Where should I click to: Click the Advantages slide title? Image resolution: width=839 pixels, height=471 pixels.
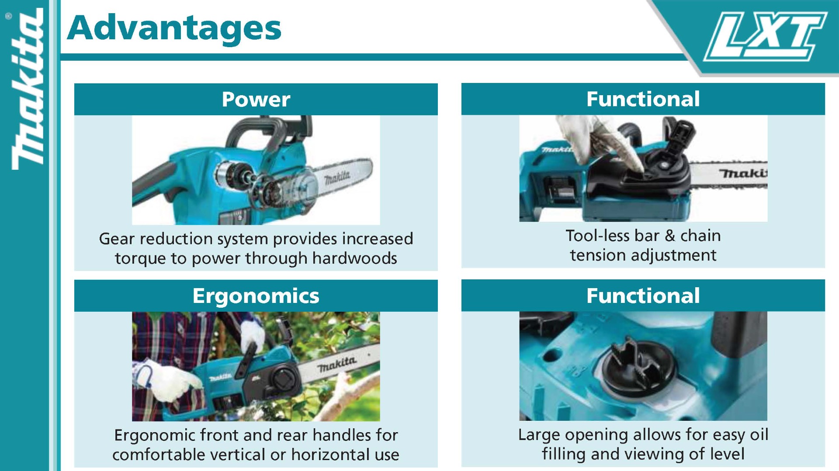[174, 28]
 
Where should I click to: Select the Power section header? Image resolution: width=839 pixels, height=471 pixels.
[256, 99]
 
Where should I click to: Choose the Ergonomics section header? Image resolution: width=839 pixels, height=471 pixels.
[256, 296]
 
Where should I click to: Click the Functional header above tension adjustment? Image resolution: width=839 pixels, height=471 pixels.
[643, 99]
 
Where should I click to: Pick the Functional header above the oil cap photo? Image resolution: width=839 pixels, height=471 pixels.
[643, 296]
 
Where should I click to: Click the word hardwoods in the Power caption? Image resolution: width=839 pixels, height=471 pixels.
[354, 258]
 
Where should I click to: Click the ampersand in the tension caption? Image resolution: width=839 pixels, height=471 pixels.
[670, 236]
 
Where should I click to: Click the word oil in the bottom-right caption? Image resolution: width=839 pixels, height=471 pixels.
[759, 434]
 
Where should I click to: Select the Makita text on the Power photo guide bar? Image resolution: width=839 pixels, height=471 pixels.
[337, 177]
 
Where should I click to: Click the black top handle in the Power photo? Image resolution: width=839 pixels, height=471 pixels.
[269, 131]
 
